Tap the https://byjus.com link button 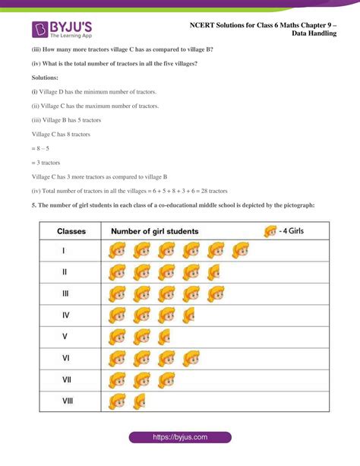point(180,437)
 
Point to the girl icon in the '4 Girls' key point(270,230)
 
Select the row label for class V point(65,336)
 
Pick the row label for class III point(66,293)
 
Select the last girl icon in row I point(241,250)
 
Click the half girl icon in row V point(164,336)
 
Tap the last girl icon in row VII point(166,379)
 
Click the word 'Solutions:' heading point(47,78)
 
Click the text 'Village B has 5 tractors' point(70,120)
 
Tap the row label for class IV point(66,314)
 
